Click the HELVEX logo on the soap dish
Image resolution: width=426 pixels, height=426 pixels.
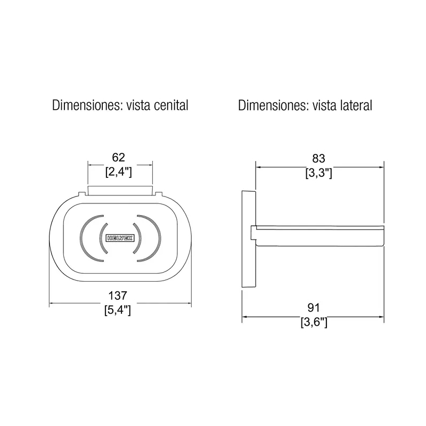pos(120,238)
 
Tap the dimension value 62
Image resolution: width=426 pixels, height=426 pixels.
pos(118,157)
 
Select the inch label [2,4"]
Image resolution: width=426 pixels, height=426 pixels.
pos(118,172)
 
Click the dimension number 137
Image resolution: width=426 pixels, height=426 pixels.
pos(118,296)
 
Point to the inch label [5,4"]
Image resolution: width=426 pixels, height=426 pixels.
pos(118,310)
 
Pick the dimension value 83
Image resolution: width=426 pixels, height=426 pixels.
pos(318,158)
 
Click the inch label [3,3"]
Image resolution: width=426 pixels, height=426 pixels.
pos(318,173)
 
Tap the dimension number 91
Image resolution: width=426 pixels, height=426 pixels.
pos(314,308)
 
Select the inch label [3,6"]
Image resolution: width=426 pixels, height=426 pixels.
pos(314,323)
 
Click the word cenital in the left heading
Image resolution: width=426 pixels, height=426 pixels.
pos(171,105)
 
